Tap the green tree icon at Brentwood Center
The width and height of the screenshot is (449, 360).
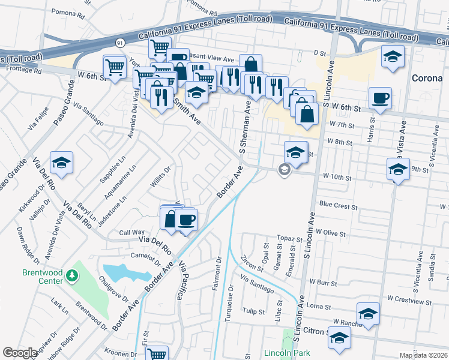tap(73, 275)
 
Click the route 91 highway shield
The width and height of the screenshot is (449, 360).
tap(119, 43)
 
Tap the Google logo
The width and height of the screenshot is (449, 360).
tap(20, 353)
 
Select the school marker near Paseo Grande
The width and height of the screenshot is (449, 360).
tap(61, 163)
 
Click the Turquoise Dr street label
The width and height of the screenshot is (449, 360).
tap(228, 305)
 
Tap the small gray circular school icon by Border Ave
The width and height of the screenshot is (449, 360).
tap(283, 171)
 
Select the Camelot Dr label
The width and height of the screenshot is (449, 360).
tap(145, 258)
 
